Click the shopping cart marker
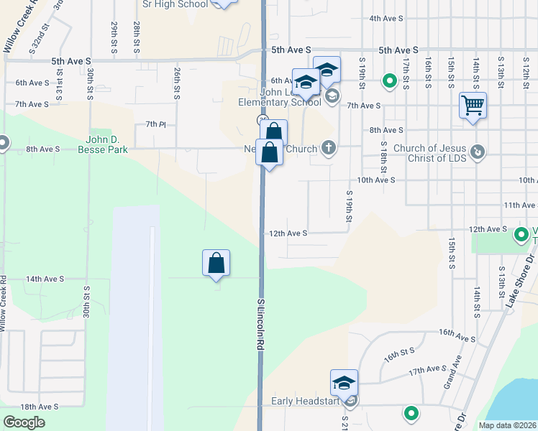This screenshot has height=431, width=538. pos(473,106)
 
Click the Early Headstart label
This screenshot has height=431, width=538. pos(305,401)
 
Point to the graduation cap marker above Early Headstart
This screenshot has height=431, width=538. pos(345,383)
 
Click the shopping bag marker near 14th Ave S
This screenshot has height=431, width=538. pos(216,264)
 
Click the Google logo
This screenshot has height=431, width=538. pos(24,422)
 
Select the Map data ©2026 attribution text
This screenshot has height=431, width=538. pos(508,425)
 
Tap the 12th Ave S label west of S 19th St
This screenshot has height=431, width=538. pos(288,233)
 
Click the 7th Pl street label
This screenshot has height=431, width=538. pos(156,124)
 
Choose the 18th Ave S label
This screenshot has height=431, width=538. pos(39,407)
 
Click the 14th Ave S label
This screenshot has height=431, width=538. pos(45,279)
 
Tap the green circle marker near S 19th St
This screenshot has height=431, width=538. pos(390,81)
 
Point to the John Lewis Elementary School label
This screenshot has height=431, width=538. pos(280,96)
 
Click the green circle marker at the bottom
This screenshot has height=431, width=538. pos(411,413)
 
